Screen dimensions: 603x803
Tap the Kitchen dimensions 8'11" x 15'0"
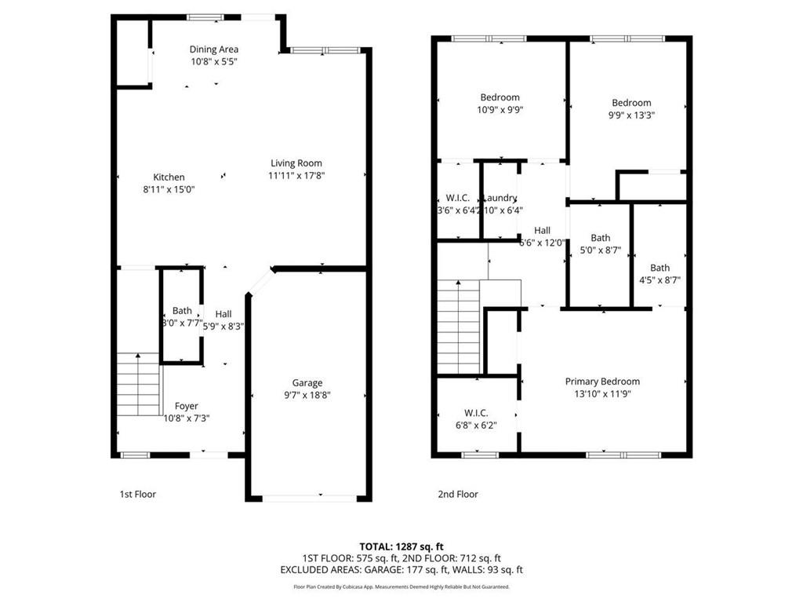[169, 189]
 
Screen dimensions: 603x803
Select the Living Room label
[296, 163]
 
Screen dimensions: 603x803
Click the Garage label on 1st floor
[307, 382]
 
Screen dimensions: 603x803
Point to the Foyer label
[186, 406]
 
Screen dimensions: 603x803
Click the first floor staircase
[139, 384]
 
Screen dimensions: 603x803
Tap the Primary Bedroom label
[602, 382]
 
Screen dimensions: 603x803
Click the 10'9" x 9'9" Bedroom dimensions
[500, 111]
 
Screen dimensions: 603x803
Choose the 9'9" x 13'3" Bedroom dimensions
[631, 115]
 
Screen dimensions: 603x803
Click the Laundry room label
[500, 198]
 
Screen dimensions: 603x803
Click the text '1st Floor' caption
[137, 494]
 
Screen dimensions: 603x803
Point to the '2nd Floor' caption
[457, 494]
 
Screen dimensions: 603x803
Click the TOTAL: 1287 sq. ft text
[401, 546]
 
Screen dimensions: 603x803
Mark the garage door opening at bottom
[308, 498]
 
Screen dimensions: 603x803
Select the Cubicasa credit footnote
[401, 587]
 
